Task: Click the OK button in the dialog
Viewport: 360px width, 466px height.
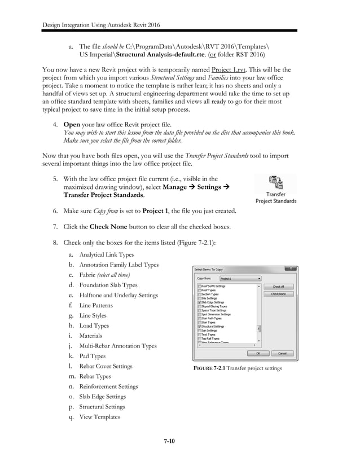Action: click(x=259, y=353)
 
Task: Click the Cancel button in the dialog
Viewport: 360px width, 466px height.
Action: click(x=282, y=353)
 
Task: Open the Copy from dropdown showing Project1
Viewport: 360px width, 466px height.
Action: click(x=240, y=278)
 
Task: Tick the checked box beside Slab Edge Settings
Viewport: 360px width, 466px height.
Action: click(x=200, y=302)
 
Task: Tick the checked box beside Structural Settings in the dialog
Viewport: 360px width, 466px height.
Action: click(x=200, y=326)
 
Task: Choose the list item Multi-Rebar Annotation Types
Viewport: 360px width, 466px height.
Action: click(x=118, y=346)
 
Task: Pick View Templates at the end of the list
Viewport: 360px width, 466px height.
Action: click(x=99, y=417)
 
